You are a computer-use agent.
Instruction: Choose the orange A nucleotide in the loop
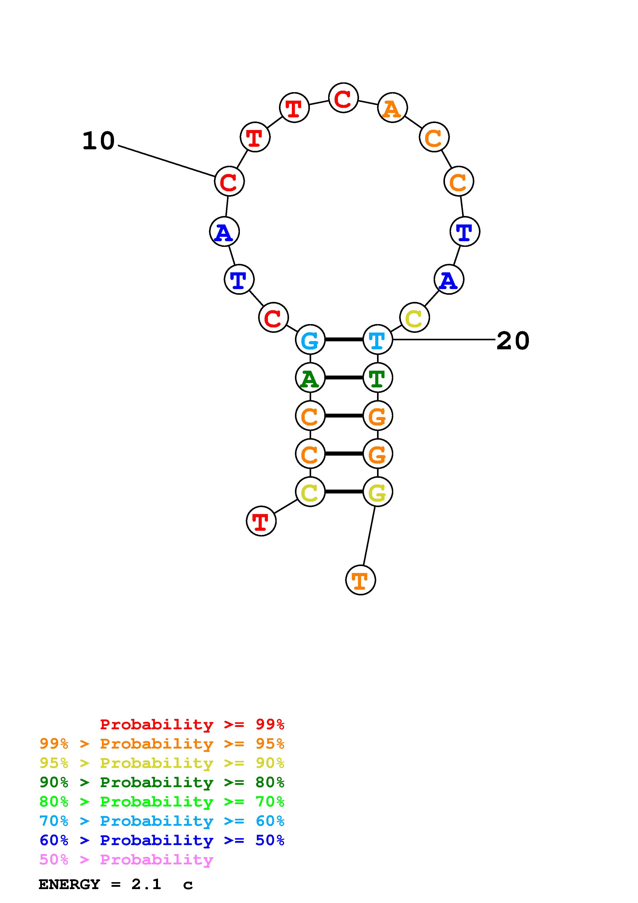click(x=392, y=108)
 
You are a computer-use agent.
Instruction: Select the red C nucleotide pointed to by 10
click(x=229, y=181)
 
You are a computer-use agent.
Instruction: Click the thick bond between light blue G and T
click(x=344, y=340)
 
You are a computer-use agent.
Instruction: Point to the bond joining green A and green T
click(x=344, y=378)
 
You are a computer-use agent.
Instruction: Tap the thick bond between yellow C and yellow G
click(x=344, y=492)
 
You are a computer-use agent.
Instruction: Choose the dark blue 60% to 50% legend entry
click(x=162, y=840)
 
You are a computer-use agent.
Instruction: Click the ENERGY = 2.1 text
click(x=100, y=884)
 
